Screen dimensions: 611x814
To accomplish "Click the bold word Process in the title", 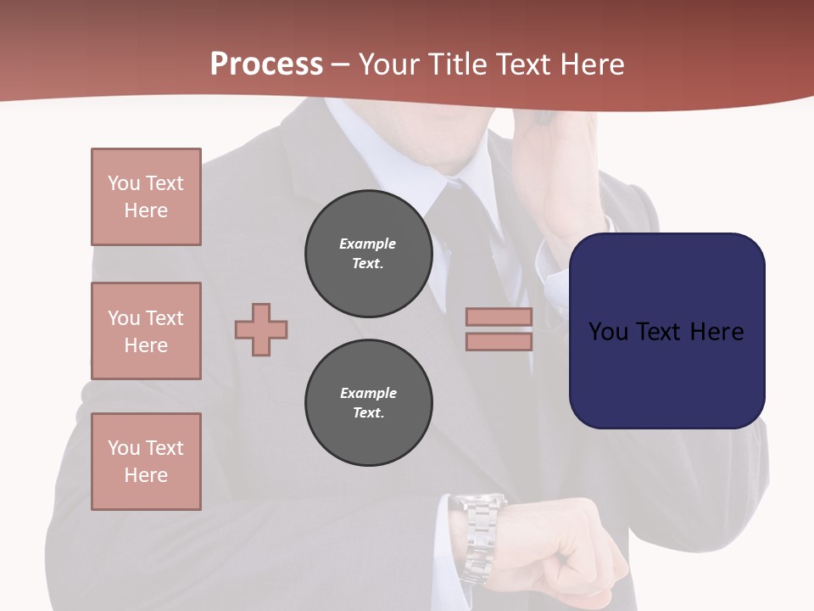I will click(x=266, y=64).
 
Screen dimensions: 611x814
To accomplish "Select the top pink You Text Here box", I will click(x=146, y=197).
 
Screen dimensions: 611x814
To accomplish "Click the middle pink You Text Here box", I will click(x=146, y=331).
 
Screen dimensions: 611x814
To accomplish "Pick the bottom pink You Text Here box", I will click(x=146, y=462).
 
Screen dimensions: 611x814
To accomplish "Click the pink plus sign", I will click(x=261, y=329).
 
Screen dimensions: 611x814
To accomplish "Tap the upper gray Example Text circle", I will click(x=368, y=254).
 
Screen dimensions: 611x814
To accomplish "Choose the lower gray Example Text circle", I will click(x=368, y=403).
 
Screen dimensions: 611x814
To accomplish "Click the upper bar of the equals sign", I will click(x=499, y=317).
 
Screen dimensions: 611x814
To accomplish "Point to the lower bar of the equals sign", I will click(x=499, y=341).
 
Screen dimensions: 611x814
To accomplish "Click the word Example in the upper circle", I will click(x=368, y=244).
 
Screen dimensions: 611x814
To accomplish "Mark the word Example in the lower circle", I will click(x=368, y=393).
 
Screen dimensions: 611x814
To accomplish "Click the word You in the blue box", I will click(x=609, y=332).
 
